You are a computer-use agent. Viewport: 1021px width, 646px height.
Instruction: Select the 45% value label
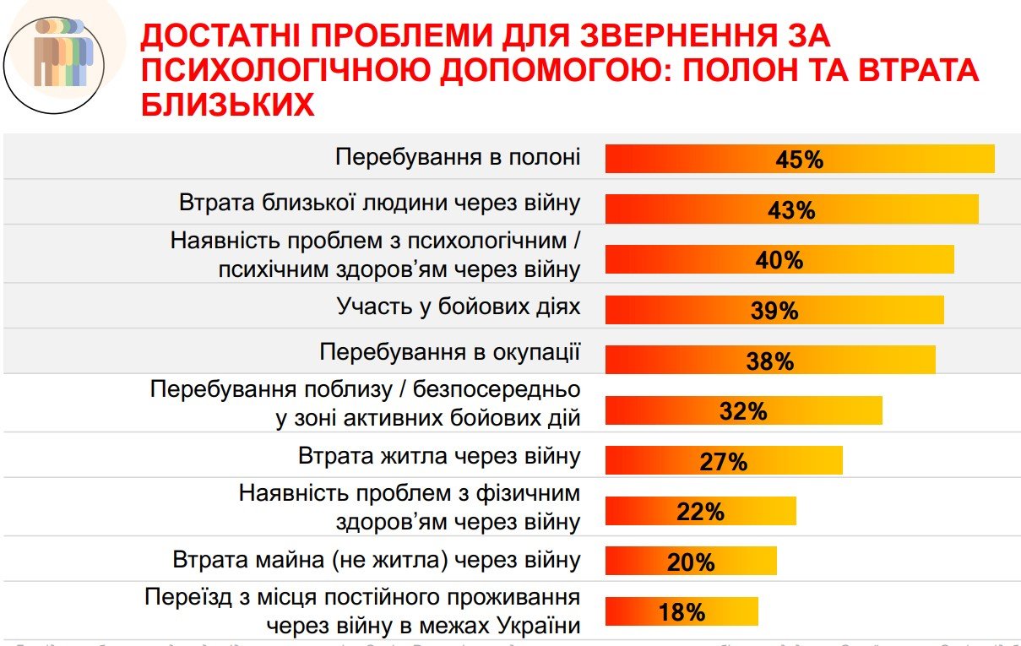click(799, 160)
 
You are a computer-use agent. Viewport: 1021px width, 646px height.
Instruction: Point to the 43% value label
click(791, 209)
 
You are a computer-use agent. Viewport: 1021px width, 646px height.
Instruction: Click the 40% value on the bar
click(779, 260)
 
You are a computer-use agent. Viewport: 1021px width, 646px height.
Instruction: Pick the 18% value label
click(682, 612)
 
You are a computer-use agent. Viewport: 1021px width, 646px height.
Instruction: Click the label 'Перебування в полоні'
click(458, 157)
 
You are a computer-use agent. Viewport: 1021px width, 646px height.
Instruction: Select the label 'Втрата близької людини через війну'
click(379, 204)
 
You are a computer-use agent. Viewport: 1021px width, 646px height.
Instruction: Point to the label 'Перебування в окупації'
click(450, 351)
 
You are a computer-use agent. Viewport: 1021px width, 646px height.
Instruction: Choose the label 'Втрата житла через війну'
click(439, 456)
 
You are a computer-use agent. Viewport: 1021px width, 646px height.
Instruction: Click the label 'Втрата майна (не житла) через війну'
click(377, 560)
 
